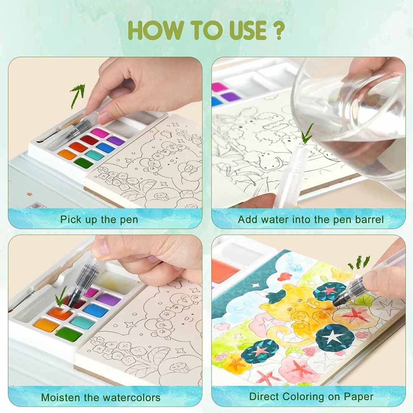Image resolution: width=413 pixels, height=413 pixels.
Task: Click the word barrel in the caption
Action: pos(369,219)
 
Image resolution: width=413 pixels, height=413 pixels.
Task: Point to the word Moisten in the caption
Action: pos(61,397)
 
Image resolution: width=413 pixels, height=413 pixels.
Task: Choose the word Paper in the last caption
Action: pos(359,397)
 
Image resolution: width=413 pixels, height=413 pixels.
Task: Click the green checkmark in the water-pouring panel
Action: pos(307,133)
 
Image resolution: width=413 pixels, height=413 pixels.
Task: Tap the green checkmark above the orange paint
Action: pos(60,300)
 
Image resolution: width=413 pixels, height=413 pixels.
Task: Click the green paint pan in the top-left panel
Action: pos(83,163)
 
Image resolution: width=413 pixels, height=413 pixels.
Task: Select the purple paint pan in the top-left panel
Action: pos(116,141)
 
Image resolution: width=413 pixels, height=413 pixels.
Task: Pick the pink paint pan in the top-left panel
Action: pos(100,133)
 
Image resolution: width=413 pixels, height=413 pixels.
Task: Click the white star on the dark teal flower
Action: pos(332,337)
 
